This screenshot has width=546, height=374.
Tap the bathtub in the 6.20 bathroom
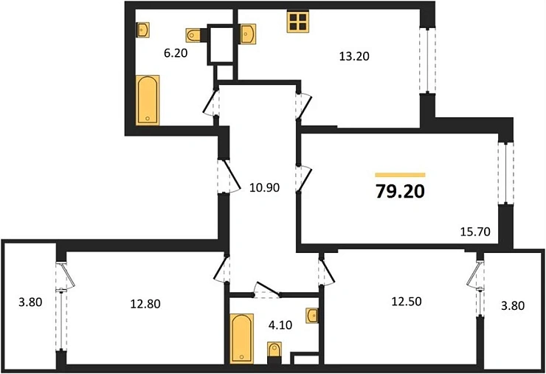pos(148,99)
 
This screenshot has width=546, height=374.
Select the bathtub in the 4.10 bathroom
pos(241,338)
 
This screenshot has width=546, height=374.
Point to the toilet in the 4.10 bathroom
pos(274,352)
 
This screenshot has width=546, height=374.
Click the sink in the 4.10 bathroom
pos(312,316)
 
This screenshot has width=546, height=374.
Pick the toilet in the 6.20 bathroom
pos(195,34)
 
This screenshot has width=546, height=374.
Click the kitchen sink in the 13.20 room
pos(249,34)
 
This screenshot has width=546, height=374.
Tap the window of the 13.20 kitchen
pos(426,60)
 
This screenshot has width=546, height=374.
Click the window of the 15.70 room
pos(504,173)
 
